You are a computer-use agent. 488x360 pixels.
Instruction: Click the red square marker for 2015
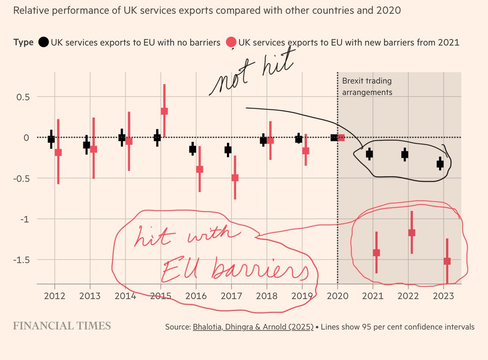tap(164, 111)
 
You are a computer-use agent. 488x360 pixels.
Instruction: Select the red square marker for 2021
tap(376, 253)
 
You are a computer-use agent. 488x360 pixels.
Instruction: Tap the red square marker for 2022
tap(412, 232)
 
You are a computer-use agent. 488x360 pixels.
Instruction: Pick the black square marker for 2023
tap(440, 164)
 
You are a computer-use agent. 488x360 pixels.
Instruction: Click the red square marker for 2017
tap(235, 178)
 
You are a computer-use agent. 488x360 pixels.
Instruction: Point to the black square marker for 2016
tap(193, 149)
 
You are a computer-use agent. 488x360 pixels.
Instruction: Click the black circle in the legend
tap(44, 42)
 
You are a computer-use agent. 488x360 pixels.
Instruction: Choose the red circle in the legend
tap(231, 42)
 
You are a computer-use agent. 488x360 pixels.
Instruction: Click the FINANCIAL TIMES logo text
tap(62, 326)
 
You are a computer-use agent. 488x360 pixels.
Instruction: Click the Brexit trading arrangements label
tap(367, 87)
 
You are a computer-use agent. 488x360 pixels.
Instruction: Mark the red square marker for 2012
tap(58, 152)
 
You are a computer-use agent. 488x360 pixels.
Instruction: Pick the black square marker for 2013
tap(87, 145)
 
